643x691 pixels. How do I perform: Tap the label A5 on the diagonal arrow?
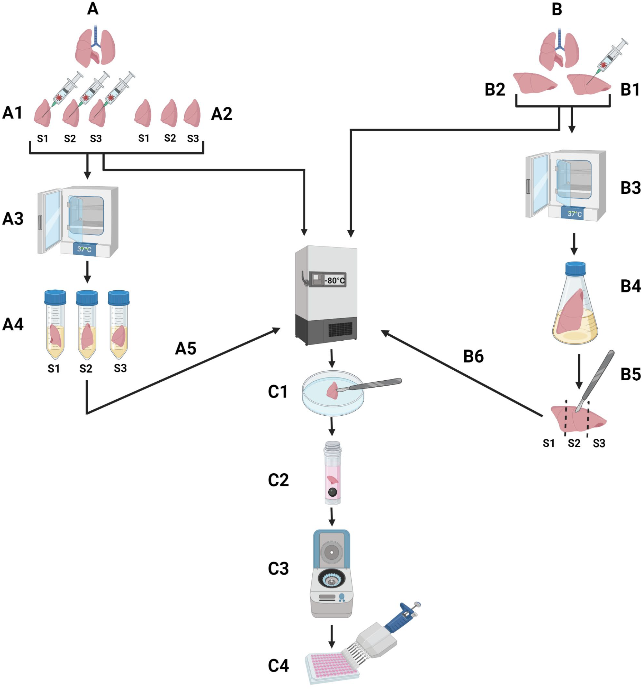coord(185,348)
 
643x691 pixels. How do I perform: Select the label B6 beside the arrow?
coord(473,356)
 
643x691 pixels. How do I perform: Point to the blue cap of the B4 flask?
coord(575,268)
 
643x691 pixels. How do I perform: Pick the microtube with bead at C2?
coord(332,473)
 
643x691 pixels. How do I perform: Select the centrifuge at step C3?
coord(331,573)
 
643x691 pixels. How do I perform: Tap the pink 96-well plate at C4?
coord(331,667)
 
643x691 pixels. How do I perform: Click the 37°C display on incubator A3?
coord(84,249)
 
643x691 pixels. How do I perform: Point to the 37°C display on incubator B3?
coord(574,214)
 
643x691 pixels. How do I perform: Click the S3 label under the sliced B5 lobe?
coord(599,443)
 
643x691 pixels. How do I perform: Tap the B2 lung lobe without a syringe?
coord(535,83)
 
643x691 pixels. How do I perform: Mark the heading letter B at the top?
coord(557,9)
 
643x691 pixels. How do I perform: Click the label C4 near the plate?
coord(278,666)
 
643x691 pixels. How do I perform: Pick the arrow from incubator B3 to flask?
coord(574,244)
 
